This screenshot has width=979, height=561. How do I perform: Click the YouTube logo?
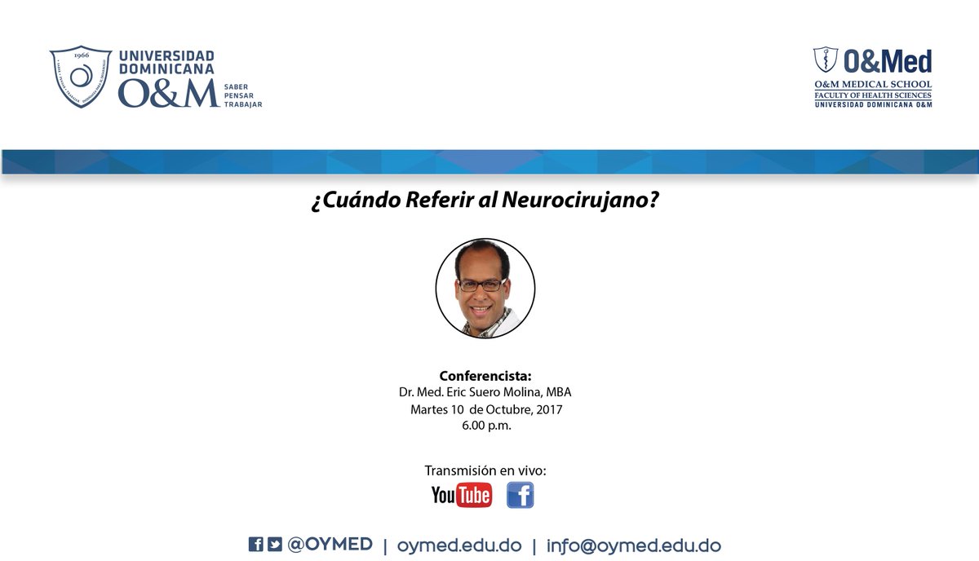coord(462,494)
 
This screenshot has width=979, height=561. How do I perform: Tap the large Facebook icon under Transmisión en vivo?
coord(520,494)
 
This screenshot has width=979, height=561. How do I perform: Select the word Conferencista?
coord(485,376)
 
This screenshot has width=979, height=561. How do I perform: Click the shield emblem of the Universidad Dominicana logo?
coord(81,77)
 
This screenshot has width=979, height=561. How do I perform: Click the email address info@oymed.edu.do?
coord(634,546)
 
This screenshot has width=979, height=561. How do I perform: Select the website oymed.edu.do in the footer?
coord(458,546)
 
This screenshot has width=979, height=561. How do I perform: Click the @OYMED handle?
coord(330,545)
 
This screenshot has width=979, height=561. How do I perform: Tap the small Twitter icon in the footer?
coord(275,545)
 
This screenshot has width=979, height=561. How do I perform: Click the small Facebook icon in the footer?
coord(255,545)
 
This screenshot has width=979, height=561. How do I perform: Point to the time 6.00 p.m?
coord(485,425)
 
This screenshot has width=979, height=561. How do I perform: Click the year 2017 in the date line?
coord(547,409)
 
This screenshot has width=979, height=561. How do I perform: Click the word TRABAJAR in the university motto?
coord(243,104)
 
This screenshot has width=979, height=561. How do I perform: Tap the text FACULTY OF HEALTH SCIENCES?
coord(872,95)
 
